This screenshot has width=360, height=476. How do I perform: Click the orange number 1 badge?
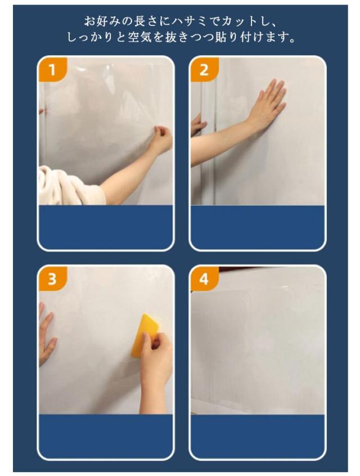pyautogui.click(x=52, y=70)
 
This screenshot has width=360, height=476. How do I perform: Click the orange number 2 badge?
pyautogui.click(x=204, y=70)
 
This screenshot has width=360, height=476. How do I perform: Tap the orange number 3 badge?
pyautogui.click(x=52, y=279)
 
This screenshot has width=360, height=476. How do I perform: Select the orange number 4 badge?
pyautogui.click(x=204, y=279)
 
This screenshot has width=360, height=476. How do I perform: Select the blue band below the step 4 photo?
pyautogui.click(x=258, y=436)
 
